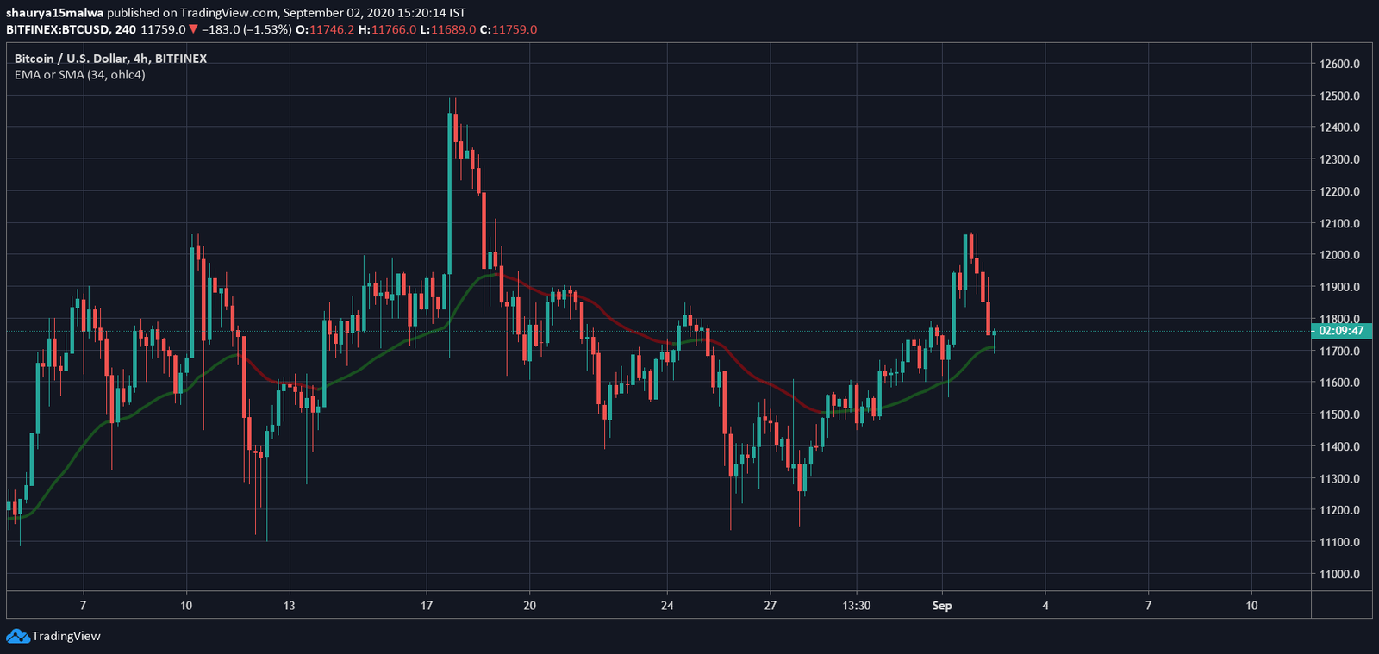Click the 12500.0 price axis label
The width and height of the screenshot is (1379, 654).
pyautogui.click(x=1339, y=96)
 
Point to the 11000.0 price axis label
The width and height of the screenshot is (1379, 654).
pyautogui.click(x=1339, y=574)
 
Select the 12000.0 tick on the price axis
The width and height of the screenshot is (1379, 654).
pyautogui.click(x=1339, y=255)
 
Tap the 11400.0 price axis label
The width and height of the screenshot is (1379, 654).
pyautogui.click(x=1339, y=446)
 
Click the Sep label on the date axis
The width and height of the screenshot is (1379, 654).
pyautogui.click(x=942, y=606)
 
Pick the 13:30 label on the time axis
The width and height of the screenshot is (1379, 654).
pyautogui.click(x=856, y=606)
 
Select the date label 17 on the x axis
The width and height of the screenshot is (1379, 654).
pyautogui.click(x=427, y=606)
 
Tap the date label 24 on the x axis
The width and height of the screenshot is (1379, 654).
pyautogui.click(x=667, y=606)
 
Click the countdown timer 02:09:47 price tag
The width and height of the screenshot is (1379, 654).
pyautogui.click(x=1341, y=331)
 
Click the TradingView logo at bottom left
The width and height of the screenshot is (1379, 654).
pyautogui.click(x=53, y=636)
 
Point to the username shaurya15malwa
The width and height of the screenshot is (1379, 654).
pyautogui.click(x=54, y=13)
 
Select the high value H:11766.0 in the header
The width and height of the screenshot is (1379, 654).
pyautogui.click(x=387, y=29)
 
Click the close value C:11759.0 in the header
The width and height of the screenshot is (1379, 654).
pyautogui.click(x=508, y=29)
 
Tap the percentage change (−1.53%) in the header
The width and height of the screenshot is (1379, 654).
pyautogui.click(x=265, y=29)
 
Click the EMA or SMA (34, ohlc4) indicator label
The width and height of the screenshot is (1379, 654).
pyautogui.click(x=80, y=75)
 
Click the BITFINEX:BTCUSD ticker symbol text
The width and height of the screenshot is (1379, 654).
pyautogui.click(x=58, y=29)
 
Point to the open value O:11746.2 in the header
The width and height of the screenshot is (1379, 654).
pyautogui.click(x=325, y=29)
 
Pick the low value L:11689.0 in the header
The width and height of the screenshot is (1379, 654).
pyautogui.click(x=447, y=29)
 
